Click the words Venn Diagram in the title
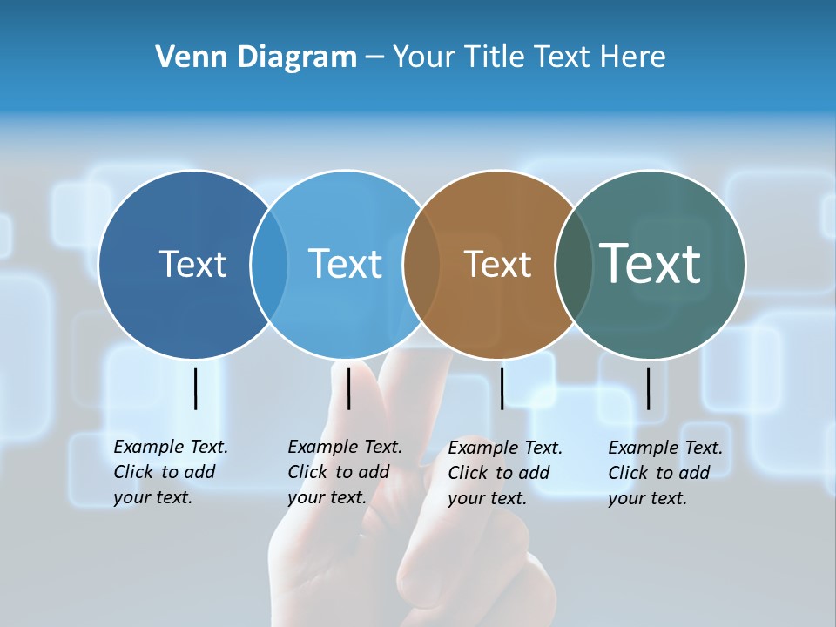(x=256, y=57)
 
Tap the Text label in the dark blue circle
(x=192, y=264)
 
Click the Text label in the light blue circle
(x=346, y=264)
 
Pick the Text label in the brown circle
(x=497, y=264)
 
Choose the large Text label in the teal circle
(x=651, y=263)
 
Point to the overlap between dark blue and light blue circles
(x=269, y=264)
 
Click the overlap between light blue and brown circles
(x=421, y=264)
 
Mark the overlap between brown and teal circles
(x=573, y=264)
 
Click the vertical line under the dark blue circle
(x=195, y=388)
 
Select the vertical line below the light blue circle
(x=348, y=388)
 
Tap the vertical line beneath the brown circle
(x=502, y=388)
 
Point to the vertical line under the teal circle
(x=649, y=388)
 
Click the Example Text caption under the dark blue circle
(x=171, y=472)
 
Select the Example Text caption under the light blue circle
(x=345, y=472)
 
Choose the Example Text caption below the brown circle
(x=505, y=473)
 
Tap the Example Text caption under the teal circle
(x=665, y=473)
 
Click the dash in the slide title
(x=374, y=57)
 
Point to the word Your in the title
(x=424, y=57)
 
